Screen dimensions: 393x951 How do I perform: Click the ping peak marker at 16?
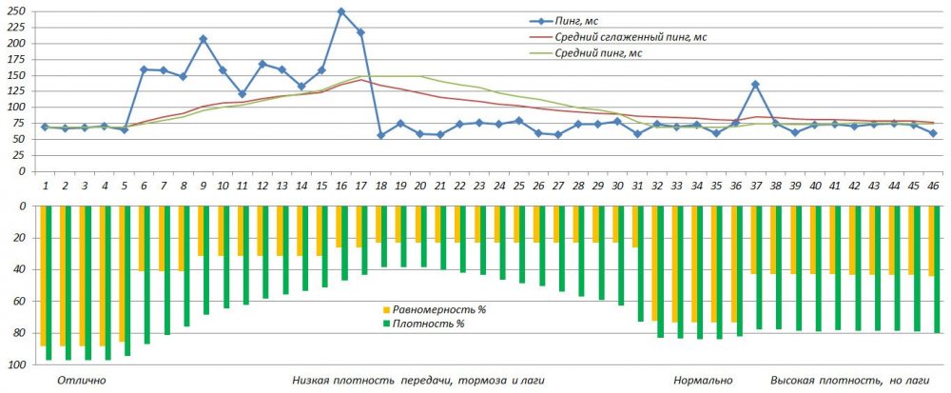click(x=341, y=11)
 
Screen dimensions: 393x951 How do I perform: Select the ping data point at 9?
click(x=204, y=39)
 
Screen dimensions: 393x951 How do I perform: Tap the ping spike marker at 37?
click(x=755, y=85)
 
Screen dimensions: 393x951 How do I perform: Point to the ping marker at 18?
click(x=381, y=135)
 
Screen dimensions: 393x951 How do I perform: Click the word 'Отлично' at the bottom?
click(x=82, y=381)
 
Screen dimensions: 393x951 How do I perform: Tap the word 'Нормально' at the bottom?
click(x=703, y=381)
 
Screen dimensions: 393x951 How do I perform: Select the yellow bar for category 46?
click(x=932, y=241)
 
